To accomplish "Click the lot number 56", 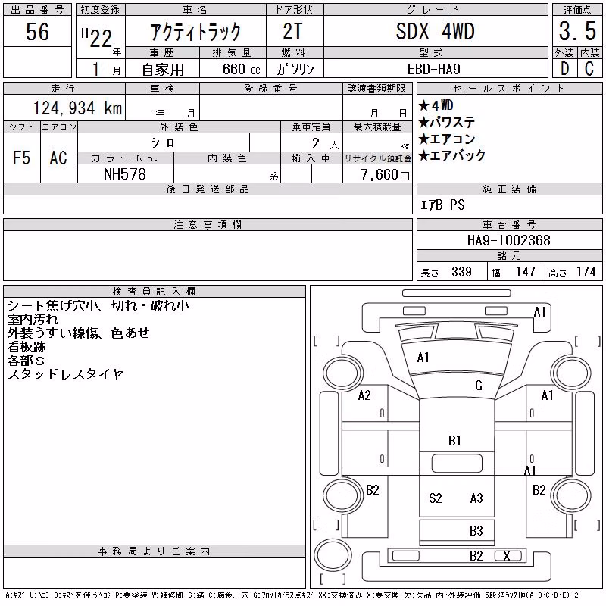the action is (x=37, y=31).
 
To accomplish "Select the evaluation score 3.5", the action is (x=577, y=31).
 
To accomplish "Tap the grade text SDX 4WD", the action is (x=435, y=31).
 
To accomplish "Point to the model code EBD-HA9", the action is (x=433, y=69).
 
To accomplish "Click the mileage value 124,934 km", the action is (x=78, y=108).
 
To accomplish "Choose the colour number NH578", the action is (x=125, y=174).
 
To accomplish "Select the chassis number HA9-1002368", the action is (x=508, y=240).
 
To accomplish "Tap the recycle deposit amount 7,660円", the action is (x=386, y=175).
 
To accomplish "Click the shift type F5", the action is (x=21, y=158).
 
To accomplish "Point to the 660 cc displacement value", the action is (x=241, y=69).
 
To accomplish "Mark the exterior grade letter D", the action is (x=564, y=69).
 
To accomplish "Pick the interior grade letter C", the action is (x=589, y=69).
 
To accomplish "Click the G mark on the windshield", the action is (x=479, y=386).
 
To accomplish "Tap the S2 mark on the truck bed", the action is (x=435, y=498).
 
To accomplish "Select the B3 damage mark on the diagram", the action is (x=476, y=531).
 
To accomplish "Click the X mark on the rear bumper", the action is (x=507, y=556).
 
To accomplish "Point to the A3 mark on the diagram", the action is (x=476, y=498).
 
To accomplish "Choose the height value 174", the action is (x=586, y=272).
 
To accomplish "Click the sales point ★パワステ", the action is (x=447, y=122).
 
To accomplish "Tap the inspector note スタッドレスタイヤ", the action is (x=65, y=374).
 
